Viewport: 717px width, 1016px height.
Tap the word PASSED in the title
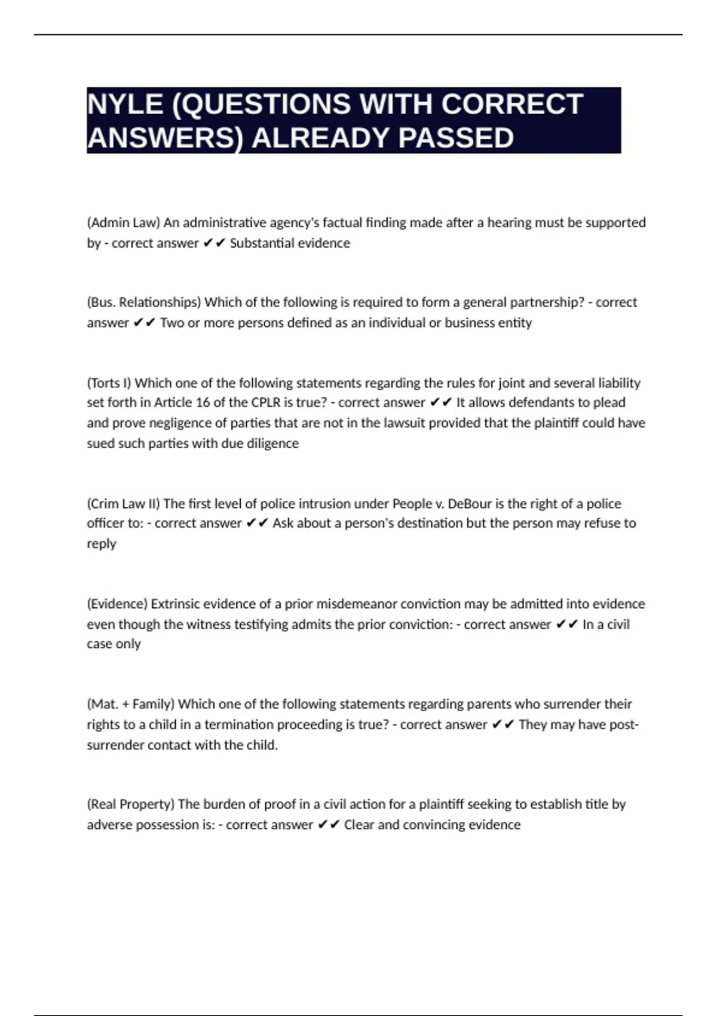[x=456, y=138]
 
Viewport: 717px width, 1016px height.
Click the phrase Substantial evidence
[x=290, y=243]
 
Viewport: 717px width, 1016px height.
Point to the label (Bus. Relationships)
[x=144, y=302]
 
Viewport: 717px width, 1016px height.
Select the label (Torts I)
[x=109, y=382]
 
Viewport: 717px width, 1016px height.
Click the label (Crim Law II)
[x=124, y=503]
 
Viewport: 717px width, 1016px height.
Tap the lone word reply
[x=101, y=544]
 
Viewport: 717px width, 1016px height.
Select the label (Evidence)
[x=117, y=604]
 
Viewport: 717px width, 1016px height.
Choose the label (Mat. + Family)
[x=131, y=704]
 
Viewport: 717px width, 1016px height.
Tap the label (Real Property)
[x=131, y=804]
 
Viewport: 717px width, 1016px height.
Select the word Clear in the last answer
[x=359, y=825]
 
